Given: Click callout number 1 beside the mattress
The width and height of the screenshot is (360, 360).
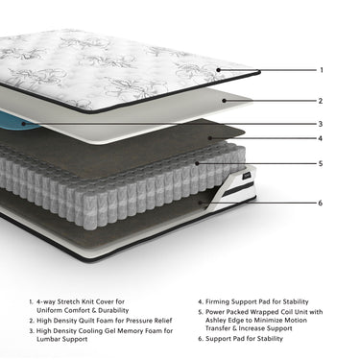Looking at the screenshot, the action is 322,70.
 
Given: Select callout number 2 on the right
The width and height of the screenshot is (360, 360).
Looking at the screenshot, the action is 321,101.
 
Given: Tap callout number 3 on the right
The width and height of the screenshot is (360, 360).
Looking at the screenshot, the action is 321,124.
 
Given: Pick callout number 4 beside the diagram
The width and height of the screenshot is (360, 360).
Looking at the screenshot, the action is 321,138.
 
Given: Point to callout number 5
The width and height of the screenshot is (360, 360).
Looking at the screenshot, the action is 321,164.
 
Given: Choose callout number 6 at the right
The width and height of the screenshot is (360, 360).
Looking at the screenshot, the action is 321,203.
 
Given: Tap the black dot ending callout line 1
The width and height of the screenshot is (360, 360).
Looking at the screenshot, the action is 218,70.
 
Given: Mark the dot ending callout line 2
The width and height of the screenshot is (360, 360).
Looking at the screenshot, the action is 225,101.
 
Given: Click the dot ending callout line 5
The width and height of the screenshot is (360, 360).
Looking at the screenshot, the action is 197,163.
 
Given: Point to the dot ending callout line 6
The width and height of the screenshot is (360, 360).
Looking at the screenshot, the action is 201,203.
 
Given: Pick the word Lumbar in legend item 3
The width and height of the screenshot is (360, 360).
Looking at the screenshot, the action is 48,339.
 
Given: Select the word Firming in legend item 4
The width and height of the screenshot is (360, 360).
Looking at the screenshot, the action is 217,301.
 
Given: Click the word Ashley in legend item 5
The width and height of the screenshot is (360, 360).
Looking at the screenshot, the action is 216,321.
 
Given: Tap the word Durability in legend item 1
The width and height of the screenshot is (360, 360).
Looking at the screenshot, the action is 113,310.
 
